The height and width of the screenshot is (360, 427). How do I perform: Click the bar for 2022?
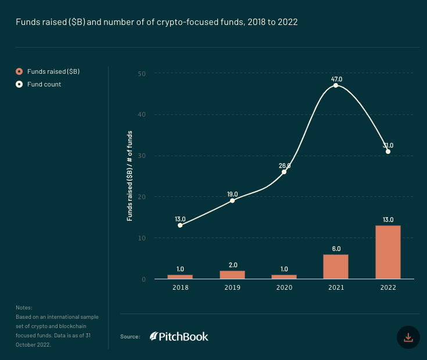(x=387, y=252)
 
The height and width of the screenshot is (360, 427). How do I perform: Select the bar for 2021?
(x=336, y=267)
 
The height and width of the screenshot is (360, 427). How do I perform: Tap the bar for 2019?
(x=232, y=275)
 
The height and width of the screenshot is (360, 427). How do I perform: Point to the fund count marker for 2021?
(x=336, y=85)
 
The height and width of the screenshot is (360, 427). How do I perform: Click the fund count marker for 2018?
(x=180, y=225)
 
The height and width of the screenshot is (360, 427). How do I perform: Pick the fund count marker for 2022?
(x=388, y=152)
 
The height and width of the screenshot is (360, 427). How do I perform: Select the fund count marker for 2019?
(x=232, y=200)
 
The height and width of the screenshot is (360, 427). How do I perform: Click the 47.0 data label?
(x=336, y=78)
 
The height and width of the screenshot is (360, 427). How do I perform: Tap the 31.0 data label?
(x=388, y=145)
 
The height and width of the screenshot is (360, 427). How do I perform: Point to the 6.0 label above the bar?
(x=336, y=248)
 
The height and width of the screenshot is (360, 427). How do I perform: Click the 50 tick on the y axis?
(x=142, y=74)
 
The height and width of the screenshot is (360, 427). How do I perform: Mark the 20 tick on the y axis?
(x=142, y=197)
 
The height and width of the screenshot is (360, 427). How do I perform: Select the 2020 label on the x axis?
(x=284, y=288)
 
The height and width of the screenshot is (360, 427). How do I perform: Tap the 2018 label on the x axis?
(x=180, y=288)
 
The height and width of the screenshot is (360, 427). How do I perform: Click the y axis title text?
(x=130, y=175)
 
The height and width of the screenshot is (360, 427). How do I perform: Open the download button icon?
(x=408, y=337)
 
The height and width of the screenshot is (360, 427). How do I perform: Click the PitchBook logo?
(x=179, y=336)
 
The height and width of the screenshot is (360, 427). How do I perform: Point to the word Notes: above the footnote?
(x=24, y=308)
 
